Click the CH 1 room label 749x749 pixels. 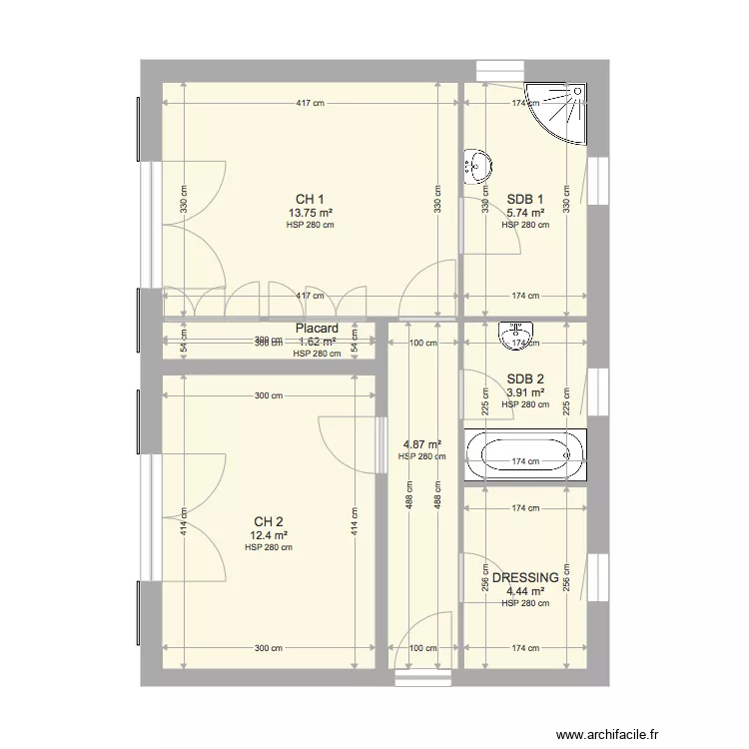310,199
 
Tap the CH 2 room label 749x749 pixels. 269,522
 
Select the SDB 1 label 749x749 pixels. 525,198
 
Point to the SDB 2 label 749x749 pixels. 525,378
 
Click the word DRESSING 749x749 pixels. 525,578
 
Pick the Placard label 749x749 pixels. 317,329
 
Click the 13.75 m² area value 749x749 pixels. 310,213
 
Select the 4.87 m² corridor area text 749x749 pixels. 422,444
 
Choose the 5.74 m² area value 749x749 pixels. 525,213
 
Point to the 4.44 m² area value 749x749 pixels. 525,591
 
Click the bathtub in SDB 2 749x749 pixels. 525,455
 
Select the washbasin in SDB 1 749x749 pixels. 477,164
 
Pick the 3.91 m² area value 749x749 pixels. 525,392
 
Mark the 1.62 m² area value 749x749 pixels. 317,341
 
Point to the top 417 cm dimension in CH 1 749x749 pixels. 310,103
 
